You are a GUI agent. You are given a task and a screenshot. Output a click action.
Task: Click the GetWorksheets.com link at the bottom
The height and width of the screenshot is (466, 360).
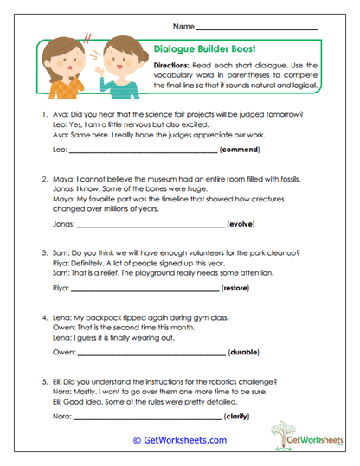point(180,439)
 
